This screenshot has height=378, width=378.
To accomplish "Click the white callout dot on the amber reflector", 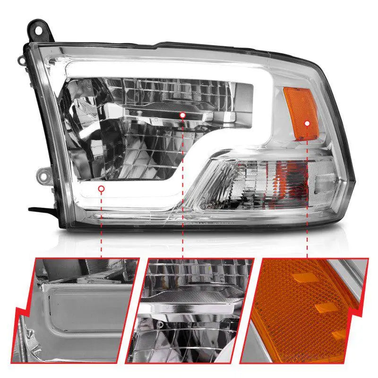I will pos(307,124).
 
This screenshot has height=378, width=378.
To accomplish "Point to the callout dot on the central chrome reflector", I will pos(182,115).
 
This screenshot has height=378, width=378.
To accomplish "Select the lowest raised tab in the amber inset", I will pos(338,335).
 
